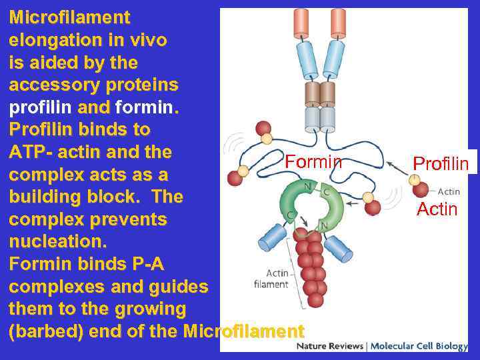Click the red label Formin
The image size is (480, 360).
click(313, 162)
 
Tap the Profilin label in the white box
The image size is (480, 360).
click(441, 163)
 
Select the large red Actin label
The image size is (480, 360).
click(437, 209)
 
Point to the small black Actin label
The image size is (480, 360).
click(449, 192)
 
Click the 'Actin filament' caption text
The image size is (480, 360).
click(272, 279)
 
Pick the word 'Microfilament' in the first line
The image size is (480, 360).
click(69, 17)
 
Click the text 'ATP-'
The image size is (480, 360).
click(31, 153)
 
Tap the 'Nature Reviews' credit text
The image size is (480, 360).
click(330, 347)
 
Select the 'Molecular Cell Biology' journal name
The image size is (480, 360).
click(418, 347)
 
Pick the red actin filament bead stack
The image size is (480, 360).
click(310, 267)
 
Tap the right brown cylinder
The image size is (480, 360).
click(327, 93)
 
